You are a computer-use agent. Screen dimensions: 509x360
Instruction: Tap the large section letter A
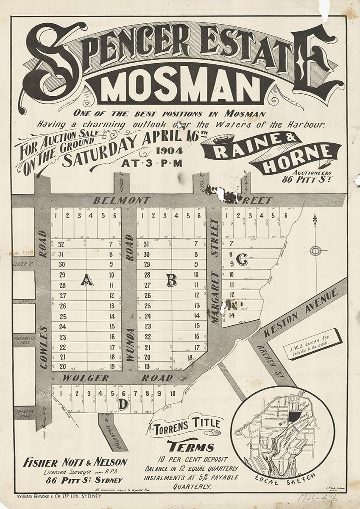click(x=87, y=280)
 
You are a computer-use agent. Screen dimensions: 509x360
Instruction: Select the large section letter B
click(x=171, y=280)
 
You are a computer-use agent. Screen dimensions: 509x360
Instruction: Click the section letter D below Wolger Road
click(x=123, y=406)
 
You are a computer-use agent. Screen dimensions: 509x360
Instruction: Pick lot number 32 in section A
click(x=61, y=244)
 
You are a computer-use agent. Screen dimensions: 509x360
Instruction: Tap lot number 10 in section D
click(x=173, y=393)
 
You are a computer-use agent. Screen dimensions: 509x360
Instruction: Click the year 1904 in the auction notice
click(x=169, y=151)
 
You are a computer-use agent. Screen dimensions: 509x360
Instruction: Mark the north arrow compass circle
click(x=315, y=251)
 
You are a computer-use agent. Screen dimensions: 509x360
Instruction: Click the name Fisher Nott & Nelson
click(x=75, y=462)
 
